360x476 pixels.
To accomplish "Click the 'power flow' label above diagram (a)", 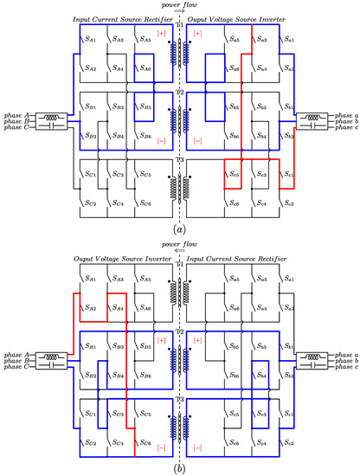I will (179, 4).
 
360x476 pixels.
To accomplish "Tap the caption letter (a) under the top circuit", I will (179, 230).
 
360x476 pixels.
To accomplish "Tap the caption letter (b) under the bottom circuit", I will (179, 467).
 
